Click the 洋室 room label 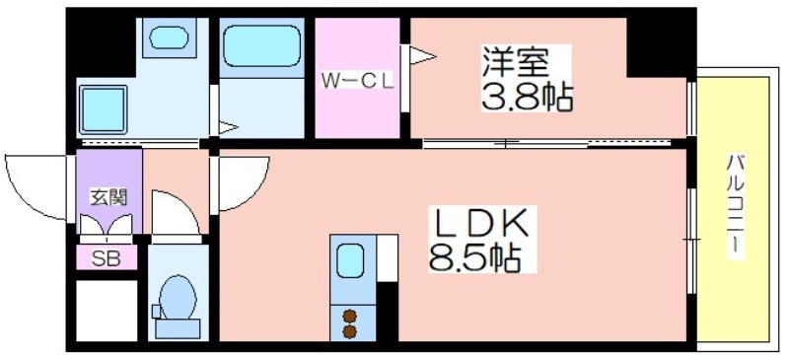[x=514, y=62]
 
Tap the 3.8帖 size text [x=527, y=97]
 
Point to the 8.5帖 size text [x=474, y=256]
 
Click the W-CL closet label [x=357, y=82]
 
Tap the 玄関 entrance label [x=108, y=197]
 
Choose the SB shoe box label [x=107, y=258]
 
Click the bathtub [x=261, y=46]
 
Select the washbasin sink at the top [x=169, y=37]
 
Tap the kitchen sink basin [x=350, y=259]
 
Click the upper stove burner [x=350, y=316]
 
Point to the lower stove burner [x=350, y=331]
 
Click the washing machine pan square [x=104, y=109]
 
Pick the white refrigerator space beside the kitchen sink [x=388, y=257]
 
